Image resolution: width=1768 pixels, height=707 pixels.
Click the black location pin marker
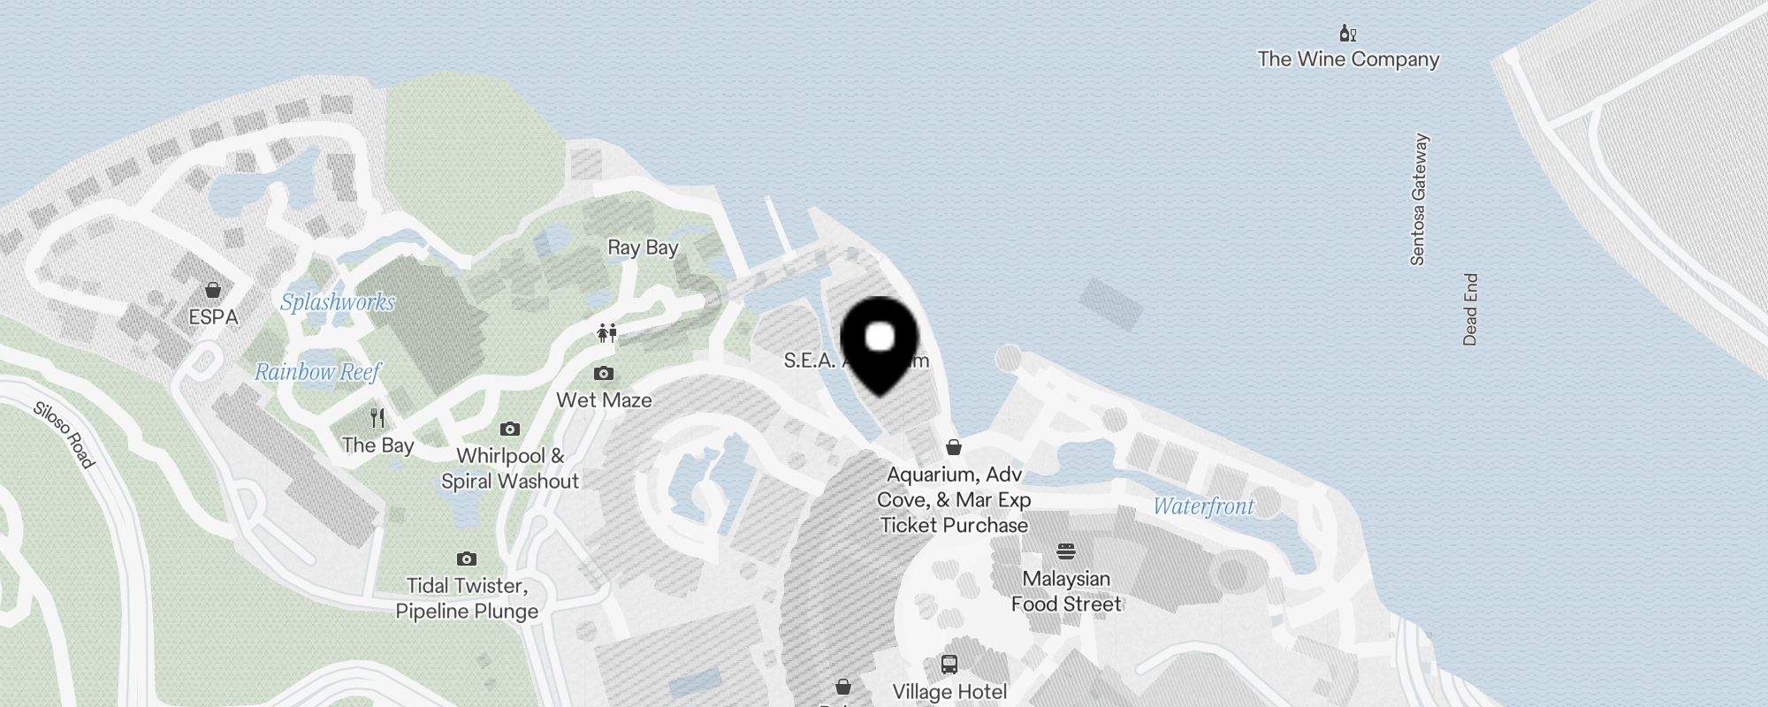[x=880, y=344]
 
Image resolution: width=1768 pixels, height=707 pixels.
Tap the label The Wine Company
[x=1348, y=59]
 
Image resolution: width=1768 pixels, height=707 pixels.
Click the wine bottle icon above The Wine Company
[x=1347, y=34]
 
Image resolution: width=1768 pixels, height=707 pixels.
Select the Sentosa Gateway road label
[x=1419, y=200]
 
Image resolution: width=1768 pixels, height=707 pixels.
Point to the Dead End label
[x=1470, y=309]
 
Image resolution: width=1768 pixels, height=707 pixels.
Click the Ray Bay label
[x=643, y=247]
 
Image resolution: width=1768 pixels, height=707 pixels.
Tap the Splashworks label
[x=338, y=302]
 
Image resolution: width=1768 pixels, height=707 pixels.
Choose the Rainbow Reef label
[x=317, y=372]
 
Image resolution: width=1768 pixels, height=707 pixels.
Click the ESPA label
[x=213, y=316]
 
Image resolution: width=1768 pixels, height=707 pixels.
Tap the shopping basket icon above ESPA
[x=213, y=290]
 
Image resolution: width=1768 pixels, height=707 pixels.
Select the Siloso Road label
[x=64, y=435]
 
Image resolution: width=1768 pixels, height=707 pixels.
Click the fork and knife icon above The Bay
[x=377, y=418]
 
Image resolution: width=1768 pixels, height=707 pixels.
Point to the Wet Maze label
[x=604, y=400]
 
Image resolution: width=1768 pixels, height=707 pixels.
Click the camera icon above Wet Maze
[x=604, y=374]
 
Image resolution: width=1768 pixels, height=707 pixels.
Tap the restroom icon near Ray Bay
[x=606, y=333]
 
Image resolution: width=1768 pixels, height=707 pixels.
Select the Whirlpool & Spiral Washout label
[x=510, y=468]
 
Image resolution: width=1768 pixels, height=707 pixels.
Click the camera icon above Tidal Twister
[x=467, y=559]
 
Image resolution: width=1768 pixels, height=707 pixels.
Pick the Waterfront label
[x=1203, y=506]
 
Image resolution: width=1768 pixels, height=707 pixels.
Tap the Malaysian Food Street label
[x=1066, y=591]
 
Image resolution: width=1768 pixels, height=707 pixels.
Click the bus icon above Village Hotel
[x=949, y=665]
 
